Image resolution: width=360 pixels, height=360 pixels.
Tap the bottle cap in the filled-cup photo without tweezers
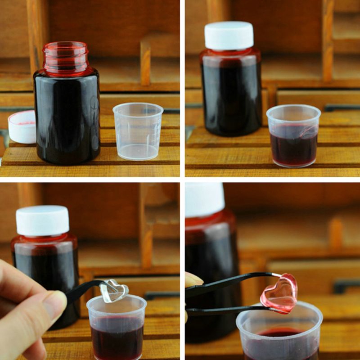229,35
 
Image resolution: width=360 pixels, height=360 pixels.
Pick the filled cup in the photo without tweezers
293,137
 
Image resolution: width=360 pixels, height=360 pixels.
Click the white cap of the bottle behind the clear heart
43,220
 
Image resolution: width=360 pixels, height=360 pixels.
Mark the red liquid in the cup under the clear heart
117,337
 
